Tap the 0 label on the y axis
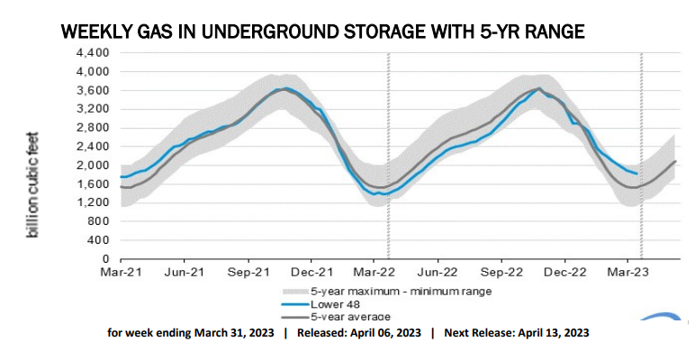[105, 259]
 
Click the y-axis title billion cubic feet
[35, 181]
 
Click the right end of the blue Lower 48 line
[637, 174]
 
